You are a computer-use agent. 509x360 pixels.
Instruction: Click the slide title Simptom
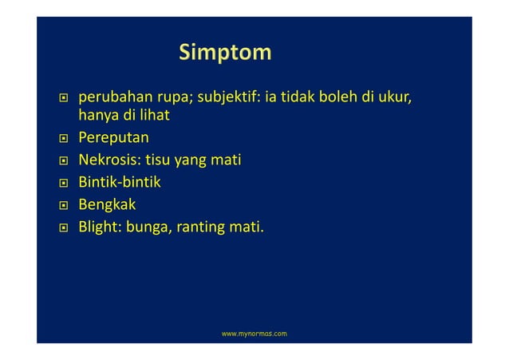225,53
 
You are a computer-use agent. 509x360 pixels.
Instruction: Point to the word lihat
158,117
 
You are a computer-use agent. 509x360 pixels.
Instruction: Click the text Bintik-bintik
119,184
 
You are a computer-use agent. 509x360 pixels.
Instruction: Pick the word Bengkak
108,206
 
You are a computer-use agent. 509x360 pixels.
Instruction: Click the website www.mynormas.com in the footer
254,331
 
